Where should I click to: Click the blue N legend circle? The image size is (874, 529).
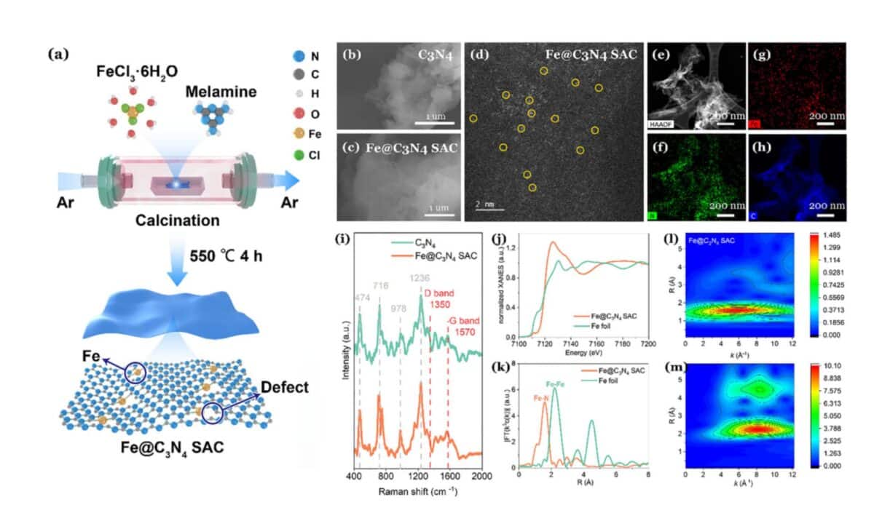tap(295, 55)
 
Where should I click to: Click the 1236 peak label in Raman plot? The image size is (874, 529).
tap(420, 277)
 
